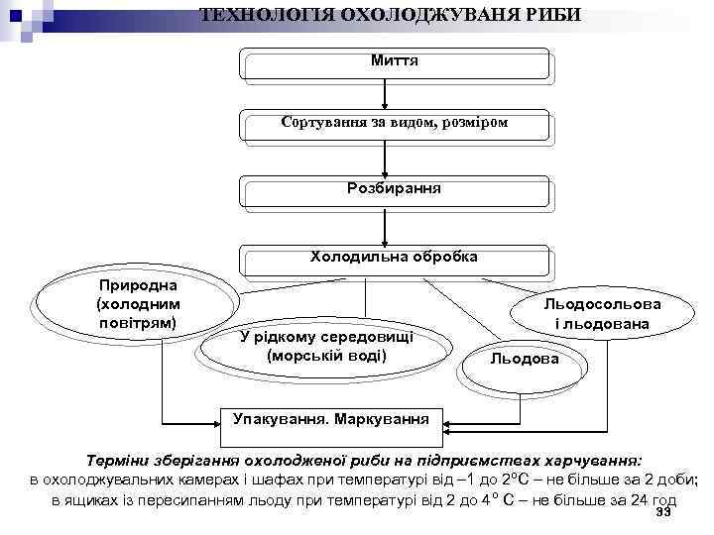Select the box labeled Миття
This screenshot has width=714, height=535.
pos(394,61)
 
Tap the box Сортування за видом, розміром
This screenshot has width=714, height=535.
pos(394,125)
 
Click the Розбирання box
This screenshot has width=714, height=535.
pos(394,188)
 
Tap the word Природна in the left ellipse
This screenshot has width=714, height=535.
pos(136,284)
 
